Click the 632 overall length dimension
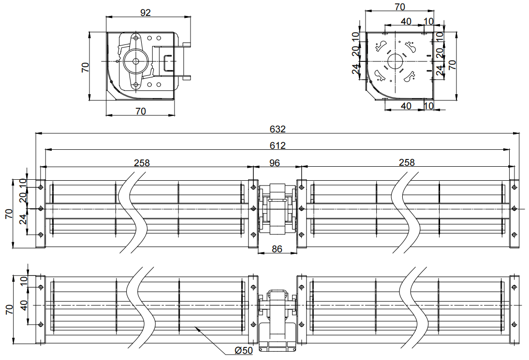278,129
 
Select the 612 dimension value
278,145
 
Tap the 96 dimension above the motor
275,162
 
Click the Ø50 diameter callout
243,350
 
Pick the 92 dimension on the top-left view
146,13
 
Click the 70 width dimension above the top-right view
400,7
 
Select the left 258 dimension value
142,163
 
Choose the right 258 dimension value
407,163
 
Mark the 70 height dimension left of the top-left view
85,67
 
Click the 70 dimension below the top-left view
140,112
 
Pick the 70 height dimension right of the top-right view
452,65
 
